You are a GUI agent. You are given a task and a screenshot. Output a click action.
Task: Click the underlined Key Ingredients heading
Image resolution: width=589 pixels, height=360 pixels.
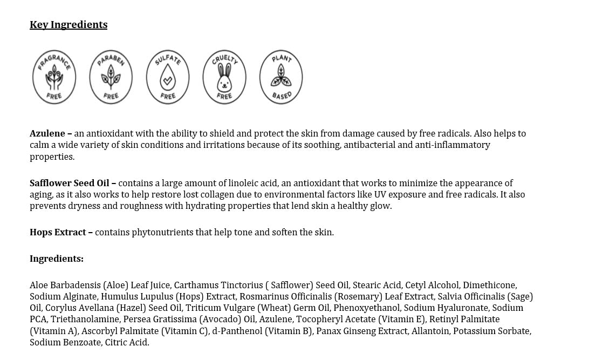click(x=69, y=25)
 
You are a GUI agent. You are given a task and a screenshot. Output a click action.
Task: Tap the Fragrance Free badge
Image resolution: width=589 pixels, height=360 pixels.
click(x=54, y=77)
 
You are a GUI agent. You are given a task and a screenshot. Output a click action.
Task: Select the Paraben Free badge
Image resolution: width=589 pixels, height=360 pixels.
click(x=111, y=77)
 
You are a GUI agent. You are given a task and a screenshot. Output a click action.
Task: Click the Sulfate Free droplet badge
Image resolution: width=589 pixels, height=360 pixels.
click(x=168, y=77)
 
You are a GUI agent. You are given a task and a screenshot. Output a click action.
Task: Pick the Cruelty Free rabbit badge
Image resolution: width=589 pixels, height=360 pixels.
click(x=224, y=77)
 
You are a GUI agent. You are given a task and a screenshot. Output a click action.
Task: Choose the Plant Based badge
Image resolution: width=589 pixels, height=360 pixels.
click(x=281, y=77)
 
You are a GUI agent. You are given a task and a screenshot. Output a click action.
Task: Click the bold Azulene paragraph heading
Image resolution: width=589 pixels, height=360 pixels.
click(x=47, y=133)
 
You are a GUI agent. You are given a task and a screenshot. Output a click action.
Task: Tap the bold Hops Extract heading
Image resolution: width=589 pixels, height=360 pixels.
click(x=58, y=232)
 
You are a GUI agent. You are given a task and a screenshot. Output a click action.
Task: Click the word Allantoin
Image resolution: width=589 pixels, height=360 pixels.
click(x=430, y=331)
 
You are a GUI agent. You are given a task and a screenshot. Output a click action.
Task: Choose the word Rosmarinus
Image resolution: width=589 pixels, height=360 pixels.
click(x=264, y=296)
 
